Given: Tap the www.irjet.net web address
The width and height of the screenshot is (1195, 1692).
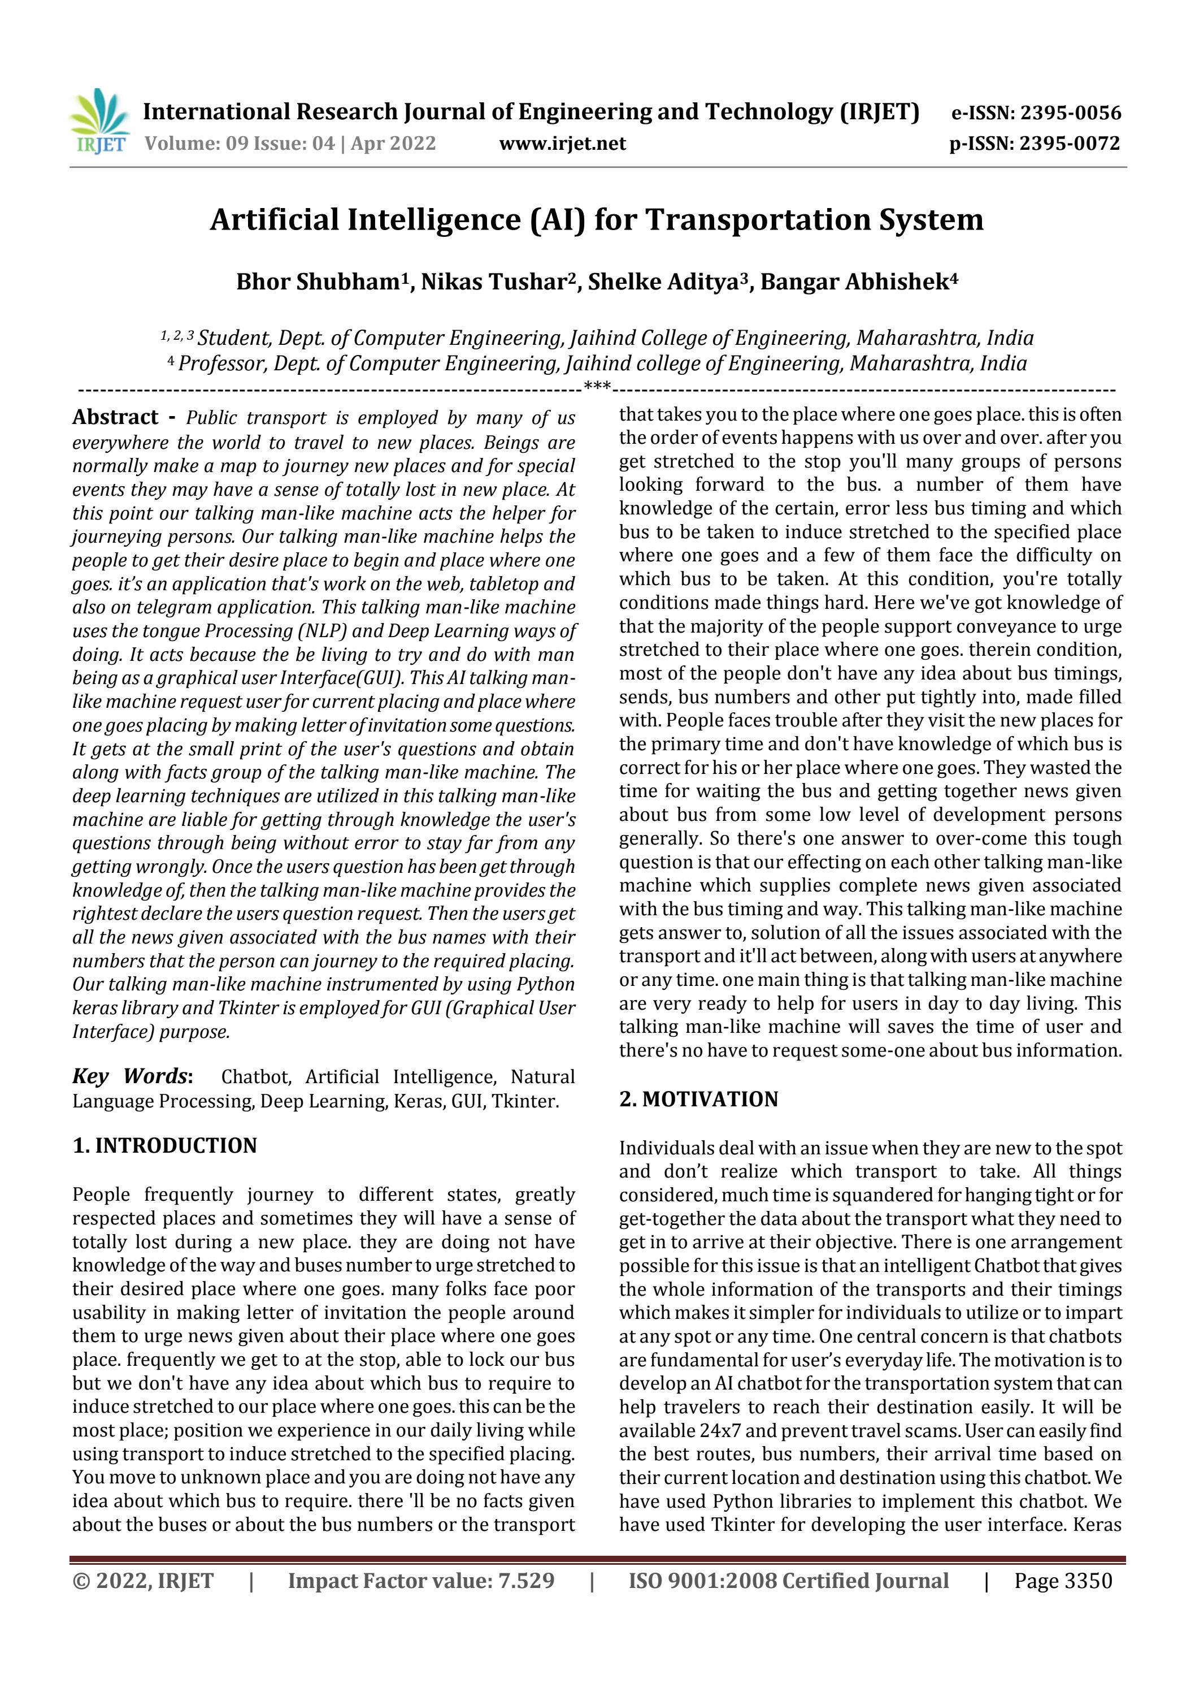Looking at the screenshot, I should pos(562,143).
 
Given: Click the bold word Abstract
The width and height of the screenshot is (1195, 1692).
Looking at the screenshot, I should pos(115,417).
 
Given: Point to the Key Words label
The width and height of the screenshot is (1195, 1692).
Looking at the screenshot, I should pos(132,1077).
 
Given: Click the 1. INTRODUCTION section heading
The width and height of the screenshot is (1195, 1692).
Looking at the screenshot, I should pos(164,1146).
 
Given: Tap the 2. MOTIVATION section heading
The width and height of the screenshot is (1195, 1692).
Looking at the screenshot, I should pos(698,1100).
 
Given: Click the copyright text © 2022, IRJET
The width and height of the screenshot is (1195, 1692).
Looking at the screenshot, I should pos(143,1581).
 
